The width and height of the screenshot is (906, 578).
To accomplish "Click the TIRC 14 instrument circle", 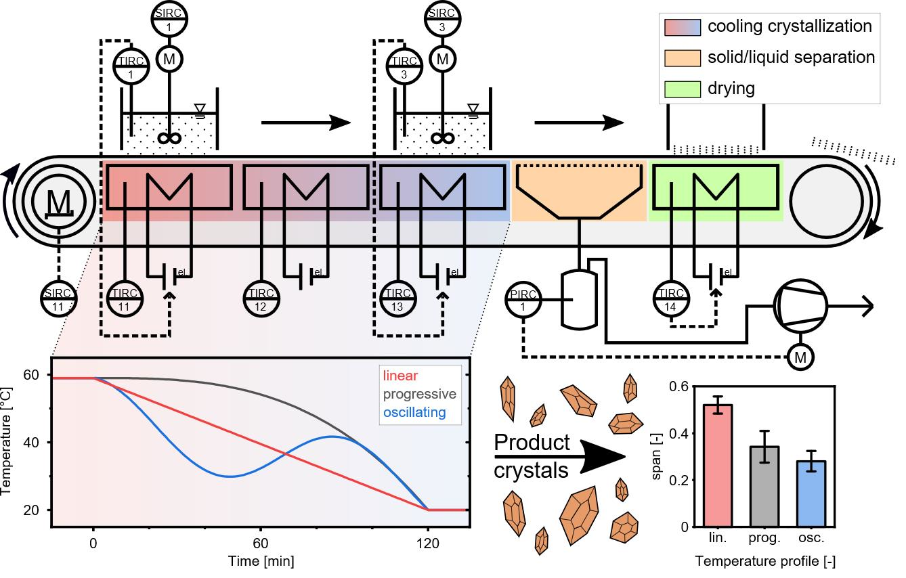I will pos(671,299).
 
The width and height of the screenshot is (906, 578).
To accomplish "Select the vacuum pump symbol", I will pos(802,306).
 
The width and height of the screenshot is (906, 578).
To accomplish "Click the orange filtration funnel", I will pos(579,191).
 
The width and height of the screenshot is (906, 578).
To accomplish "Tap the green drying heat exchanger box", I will pos(715,186).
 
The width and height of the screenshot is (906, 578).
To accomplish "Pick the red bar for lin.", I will pos(718,465).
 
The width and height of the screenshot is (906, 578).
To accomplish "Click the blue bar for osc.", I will pos(811,493).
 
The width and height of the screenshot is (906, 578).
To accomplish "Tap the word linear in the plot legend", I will pos(400,376).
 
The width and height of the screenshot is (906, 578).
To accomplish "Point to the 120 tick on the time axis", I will pos(427,542).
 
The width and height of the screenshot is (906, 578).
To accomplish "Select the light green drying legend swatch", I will pos(682,88).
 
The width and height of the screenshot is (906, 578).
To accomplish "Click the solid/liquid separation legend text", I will pos(791,58).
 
